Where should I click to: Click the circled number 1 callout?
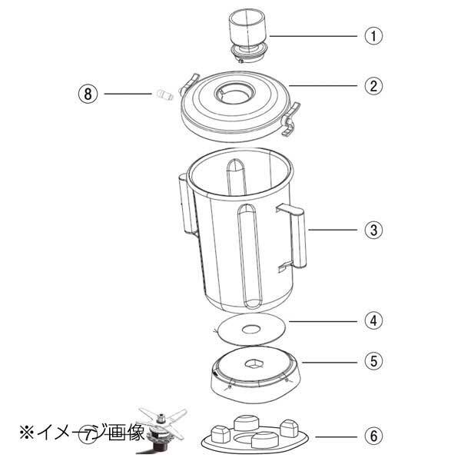point(373,35)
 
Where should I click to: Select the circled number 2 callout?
point(373,85)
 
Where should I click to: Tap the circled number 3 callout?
point(373,230)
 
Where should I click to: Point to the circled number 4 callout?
point(373,319)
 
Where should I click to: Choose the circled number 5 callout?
point(373,358)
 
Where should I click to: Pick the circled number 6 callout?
point(373,436)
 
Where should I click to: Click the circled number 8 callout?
point(88,94)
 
